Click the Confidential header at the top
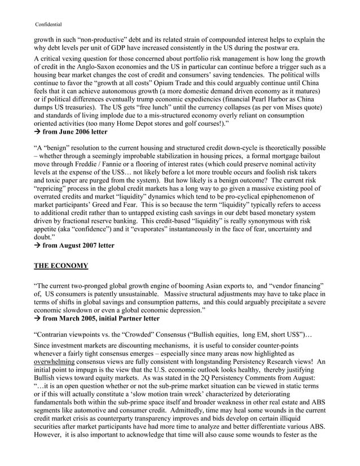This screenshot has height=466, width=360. (x=49, y=24)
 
